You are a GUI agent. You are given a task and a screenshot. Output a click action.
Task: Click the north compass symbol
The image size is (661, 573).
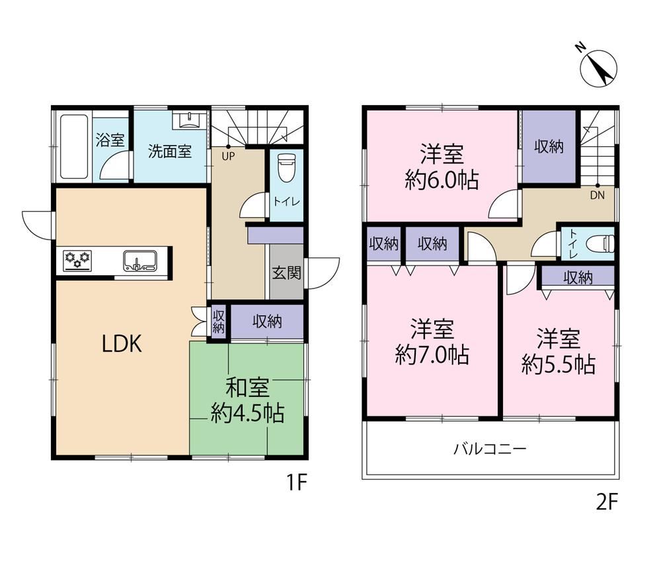(x=598, y=68)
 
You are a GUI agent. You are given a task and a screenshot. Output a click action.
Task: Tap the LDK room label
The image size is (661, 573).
(x=122, y=344)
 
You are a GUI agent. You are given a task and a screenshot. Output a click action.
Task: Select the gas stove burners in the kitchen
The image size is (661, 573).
(x=77, y=260)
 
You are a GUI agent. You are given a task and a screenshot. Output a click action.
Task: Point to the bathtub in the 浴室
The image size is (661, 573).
(x=74, y=147)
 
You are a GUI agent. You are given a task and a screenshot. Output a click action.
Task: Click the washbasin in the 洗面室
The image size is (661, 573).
(x=190, y=120)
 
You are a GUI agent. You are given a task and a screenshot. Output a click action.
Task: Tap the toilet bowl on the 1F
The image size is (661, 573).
(x=286, y=167)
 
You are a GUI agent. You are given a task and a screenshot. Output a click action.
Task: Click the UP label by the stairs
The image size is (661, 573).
(x=229, y=157)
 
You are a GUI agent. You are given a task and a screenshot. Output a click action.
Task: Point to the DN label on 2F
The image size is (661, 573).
(x=598, y=195)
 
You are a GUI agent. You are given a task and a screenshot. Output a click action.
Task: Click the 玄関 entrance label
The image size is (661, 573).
(x=286, y=273)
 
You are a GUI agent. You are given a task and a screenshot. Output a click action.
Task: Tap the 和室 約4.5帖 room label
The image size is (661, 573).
(x=247, y=400)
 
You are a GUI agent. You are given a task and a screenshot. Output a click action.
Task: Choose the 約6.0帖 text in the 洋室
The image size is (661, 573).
(x=442, y=180)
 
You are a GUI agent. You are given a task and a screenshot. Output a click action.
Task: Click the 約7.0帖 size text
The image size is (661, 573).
(x=432, y=355)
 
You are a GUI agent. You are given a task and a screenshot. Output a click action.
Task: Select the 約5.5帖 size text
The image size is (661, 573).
(x=558, y=365)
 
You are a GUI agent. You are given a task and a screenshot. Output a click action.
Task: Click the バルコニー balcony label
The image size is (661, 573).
(x=490, y=448)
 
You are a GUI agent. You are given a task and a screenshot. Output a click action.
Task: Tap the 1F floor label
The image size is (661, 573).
(x=297, y=482)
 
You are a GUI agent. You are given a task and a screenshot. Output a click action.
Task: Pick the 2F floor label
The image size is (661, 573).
(x=607, y=502)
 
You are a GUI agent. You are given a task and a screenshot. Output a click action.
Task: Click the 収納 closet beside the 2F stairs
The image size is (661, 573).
(x=549, y=147)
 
